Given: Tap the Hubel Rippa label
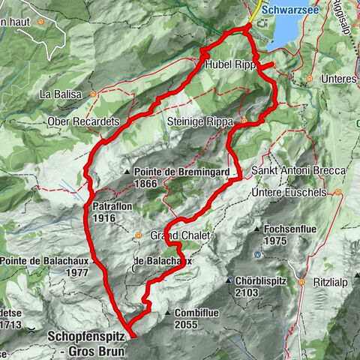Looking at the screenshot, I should click(x=233, y=65).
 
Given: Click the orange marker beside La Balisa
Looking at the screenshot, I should click(x=93, y=94).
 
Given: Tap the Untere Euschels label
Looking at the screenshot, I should click(x=294, y=193).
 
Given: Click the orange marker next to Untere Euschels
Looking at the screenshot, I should click(x=338, y=193).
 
